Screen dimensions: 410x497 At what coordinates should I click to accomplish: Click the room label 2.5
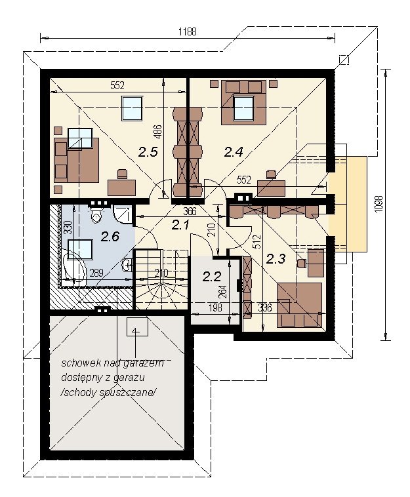click(x=148, y=152)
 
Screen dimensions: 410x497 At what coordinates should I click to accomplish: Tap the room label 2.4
click(x=234, y=152)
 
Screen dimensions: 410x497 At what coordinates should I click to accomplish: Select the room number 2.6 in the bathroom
click(x=110, y=236)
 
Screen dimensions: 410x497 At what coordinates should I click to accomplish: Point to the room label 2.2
click(x=211, y=277)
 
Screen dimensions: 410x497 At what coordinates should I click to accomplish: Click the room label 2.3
click(x=276, y=259)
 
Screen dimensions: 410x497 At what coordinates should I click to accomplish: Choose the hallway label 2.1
click(x=180, y=226)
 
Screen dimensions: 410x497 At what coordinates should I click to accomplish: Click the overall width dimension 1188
click(x=188, y=31)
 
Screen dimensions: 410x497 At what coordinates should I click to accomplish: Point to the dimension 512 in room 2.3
click(x=257, y=241)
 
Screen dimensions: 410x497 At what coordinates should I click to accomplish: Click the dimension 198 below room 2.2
click(x=215, y=307)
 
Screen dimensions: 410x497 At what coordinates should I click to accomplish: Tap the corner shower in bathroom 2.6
click(x=121, y=214)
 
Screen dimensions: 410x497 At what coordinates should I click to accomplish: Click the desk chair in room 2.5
click(x=121, y=174)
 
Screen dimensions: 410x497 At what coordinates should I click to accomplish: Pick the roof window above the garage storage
click(x=137, y=327)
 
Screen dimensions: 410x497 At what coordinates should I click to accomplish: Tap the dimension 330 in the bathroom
click(x=67, y=228)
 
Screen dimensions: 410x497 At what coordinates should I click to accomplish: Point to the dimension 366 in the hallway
click(x=190, y=210)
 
